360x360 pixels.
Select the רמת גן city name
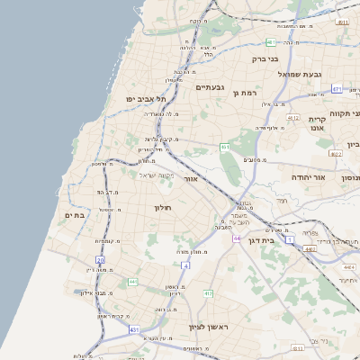point(245,92)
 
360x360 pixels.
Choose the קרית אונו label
point(317,123)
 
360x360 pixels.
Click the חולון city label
point(163,208)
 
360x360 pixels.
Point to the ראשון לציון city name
point(208,327)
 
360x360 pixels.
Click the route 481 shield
point(271,42)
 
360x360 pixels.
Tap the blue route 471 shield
point(337,89)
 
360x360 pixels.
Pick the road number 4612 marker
point(292,117)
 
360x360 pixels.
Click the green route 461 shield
point(225,147)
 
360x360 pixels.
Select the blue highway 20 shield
point(100,260)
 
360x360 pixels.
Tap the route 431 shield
point(134,330)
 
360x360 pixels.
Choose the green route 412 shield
point(208,293)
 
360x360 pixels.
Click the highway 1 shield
point(290,240)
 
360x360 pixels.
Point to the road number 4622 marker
point(336,154)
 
